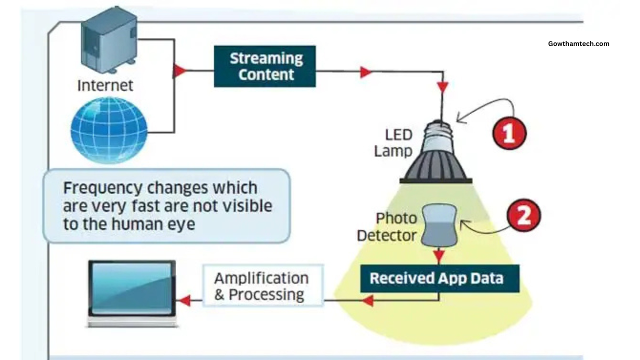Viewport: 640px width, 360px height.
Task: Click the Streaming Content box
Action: (265, 66)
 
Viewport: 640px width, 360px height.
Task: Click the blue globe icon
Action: (109, 130)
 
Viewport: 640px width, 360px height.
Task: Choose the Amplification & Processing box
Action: (262, 286)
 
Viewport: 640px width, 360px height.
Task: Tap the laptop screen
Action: (132, 288)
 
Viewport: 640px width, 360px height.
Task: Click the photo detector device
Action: (438, 226)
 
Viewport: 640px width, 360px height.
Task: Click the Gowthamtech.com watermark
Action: (578, 43)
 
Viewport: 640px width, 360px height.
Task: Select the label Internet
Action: (105, 85)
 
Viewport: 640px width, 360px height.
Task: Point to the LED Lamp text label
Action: (393, 142)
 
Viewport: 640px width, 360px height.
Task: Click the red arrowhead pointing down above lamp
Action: (442, 87)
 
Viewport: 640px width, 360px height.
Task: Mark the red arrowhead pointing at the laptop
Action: (184, 300)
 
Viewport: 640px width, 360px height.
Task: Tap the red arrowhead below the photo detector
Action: (438, 256)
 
